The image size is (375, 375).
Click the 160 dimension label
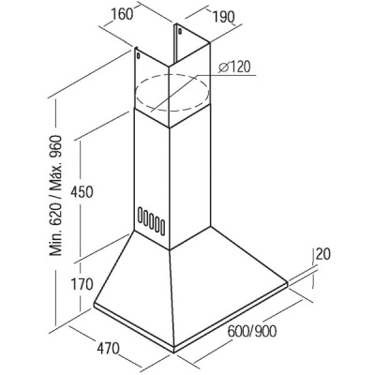(x=122, y=15)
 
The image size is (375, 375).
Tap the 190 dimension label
(x=223, y=17)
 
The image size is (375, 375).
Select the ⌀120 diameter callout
(x=234, y=67)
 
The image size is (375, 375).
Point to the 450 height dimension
(x=82, y=191)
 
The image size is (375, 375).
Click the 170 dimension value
(x=82, y=284)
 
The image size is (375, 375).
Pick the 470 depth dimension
(x=108, y=348)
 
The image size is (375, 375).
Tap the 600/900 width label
(x=252, y=331)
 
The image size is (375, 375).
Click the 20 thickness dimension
(x=323, y=254)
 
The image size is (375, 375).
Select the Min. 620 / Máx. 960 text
(x=56, y=195)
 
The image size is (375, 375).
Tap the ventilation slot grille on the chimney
(x=151, y=220)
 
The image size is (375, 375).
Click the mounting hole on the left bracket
(x=138, y=56)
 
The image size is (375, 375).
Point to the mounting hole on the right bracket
(x=180, y=31)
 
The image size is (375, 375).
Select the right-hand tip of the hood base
(x=288, y=283)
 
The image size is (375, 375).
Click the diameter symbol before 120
(x=223, y=67)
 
